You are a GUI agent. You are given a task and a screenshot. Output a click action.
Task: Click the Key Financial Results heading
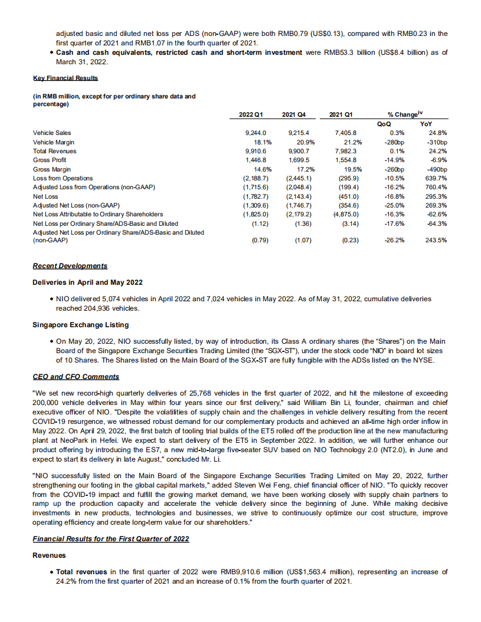point(65,78)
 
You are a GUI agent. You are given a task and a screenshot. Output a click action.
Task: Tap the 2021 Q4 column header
point(293,113)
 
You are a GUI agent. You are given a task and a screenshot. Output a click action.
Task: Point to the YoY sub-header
point(425,124)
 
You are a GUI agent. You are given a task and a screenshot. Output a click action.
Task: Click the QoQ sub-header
point(383,124)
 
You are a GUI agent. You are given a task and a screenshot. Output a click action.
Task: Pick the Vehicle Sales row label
point(53,133)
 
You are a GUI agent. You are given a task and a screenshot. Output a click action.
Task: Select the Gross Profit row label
point(50,160)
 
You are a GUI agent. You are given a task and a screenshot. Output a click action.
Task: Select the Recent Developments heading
point(70,266)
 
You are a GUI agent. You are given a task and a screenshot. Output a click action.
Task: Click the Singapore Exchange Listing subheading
point(81,325)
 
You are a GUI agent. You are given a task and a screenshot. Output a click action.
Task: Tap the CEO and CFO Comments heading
point(76,376)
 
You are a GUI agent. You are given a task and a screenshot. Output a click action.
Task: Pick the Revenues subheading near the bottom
point(49,555)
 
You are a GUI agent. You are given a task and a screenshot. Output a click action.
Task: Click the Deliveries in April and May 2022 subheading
point(87,282)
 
